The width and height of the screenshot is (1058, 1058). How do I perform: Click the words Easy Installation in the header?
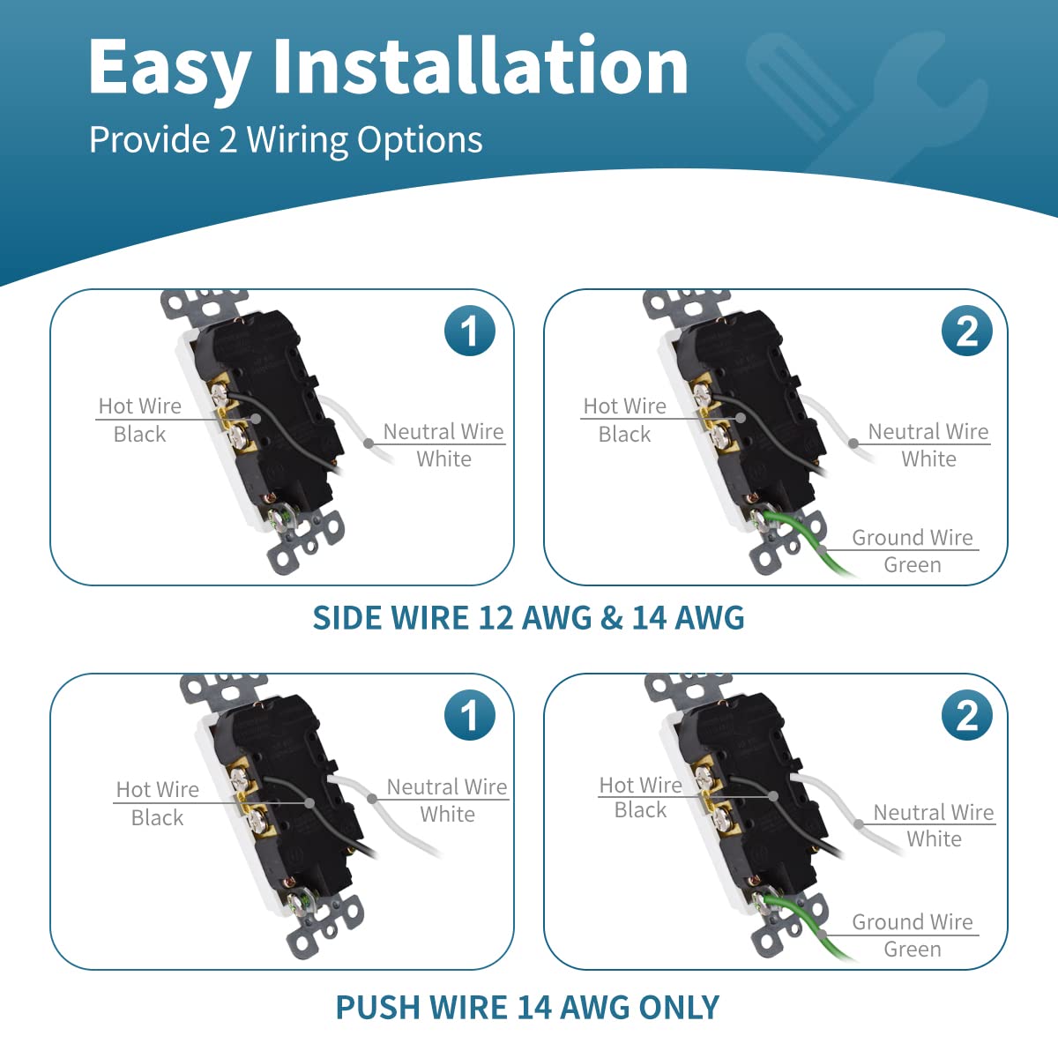coord(388,67)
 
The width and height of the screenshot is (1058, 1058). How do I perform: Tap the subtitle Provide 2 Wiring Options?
coord(286,139)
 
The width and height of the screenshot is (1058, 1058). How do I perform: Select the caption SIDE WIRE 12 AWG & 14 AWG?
coord(528,618)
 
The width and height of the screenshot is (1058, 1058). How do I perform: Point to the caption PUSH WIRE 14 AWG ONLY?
coord(527,1008)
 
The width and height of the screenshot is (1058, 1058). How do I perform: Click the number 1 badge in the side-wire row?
coord(469,331)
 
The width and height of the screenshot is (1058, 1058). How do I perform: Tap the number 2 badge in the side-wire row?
coord(967,331)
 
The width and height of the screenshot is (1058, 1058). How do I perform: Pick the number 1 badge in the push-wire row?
coord(469,715)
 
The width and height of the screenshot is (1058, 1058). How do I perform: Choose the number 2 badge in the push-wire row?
coord(967,715)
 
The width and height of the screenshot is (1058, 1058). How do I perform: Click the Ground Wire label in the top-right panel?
coord(912,538)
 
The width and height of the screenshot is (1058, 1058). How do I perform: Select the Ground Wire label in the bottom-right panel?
coord(912,922)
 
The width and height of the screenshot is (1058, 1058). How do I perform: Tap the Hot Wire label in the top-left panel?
coord(140,406)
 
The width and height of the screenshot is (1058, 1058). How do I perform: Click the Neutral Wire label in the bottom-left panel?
coord(447,786)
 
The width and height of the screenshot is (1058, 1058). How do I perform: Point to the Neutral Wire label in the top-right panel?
coord(928,431)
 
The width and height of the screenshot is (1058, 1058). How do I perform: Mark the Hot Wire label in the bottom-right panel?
coord(641,786)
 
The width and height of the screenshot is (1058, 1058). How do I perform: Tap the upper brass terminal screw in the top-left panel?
coord(220,392)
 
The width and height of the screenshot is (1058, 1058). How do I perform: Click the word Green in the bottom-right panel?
coord(913,950)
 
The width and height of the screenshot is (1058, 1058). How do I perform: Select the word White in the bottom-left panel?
coord(448,815)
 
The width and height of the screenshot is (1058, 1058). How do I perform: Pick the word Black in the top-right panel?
coord(624,435)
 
